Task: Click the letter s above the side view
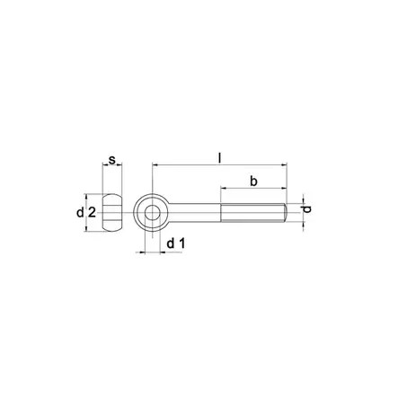click(x=111, y=161)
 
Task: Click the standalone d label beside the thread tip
click(x=307, y=211)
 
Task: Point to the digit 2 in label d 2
click(x=92, y=213)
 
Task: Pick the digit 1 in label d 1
click(x=181, y=244)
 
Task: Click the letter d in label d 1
click(x=169, y=244)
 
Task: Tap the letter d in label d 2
click(x=80, y=213)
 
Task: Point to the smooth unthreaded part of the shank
click(x=198, y=213)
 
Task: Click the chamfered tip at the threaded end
click(x=285, y=213)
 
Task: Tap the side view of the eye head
click(x=111, y=213)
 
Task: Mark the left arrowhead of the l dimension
click(x=155, y=166)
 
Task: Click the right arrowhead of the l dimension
click(x=285, y=166)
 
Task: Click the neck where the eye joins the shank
click(x=174, y=213)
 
